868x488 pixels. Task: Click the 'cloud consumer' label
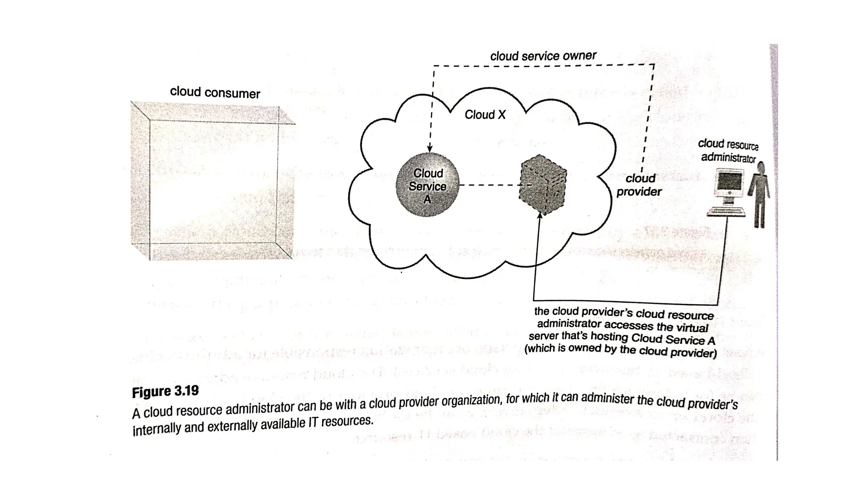[x=215, y=92]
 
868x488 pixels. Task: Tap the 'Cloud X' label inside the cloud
[x=485, y=115]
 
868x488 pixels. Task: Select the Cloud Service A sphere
[x=427, y=186]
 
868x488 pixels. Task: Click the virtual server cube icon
[x=542, y=185]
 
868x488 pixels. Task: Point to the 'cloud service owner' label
[x=543, y=56]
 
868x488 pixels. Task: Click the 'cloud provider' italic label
[x=639, y=185]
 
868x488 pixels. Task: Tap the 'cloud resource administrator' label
[x=728, y=151]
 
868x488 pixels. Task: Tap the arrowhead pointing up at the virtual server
[x=540, y=216]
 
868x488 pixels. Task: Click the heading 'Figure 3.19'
[x=165, y=391]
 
